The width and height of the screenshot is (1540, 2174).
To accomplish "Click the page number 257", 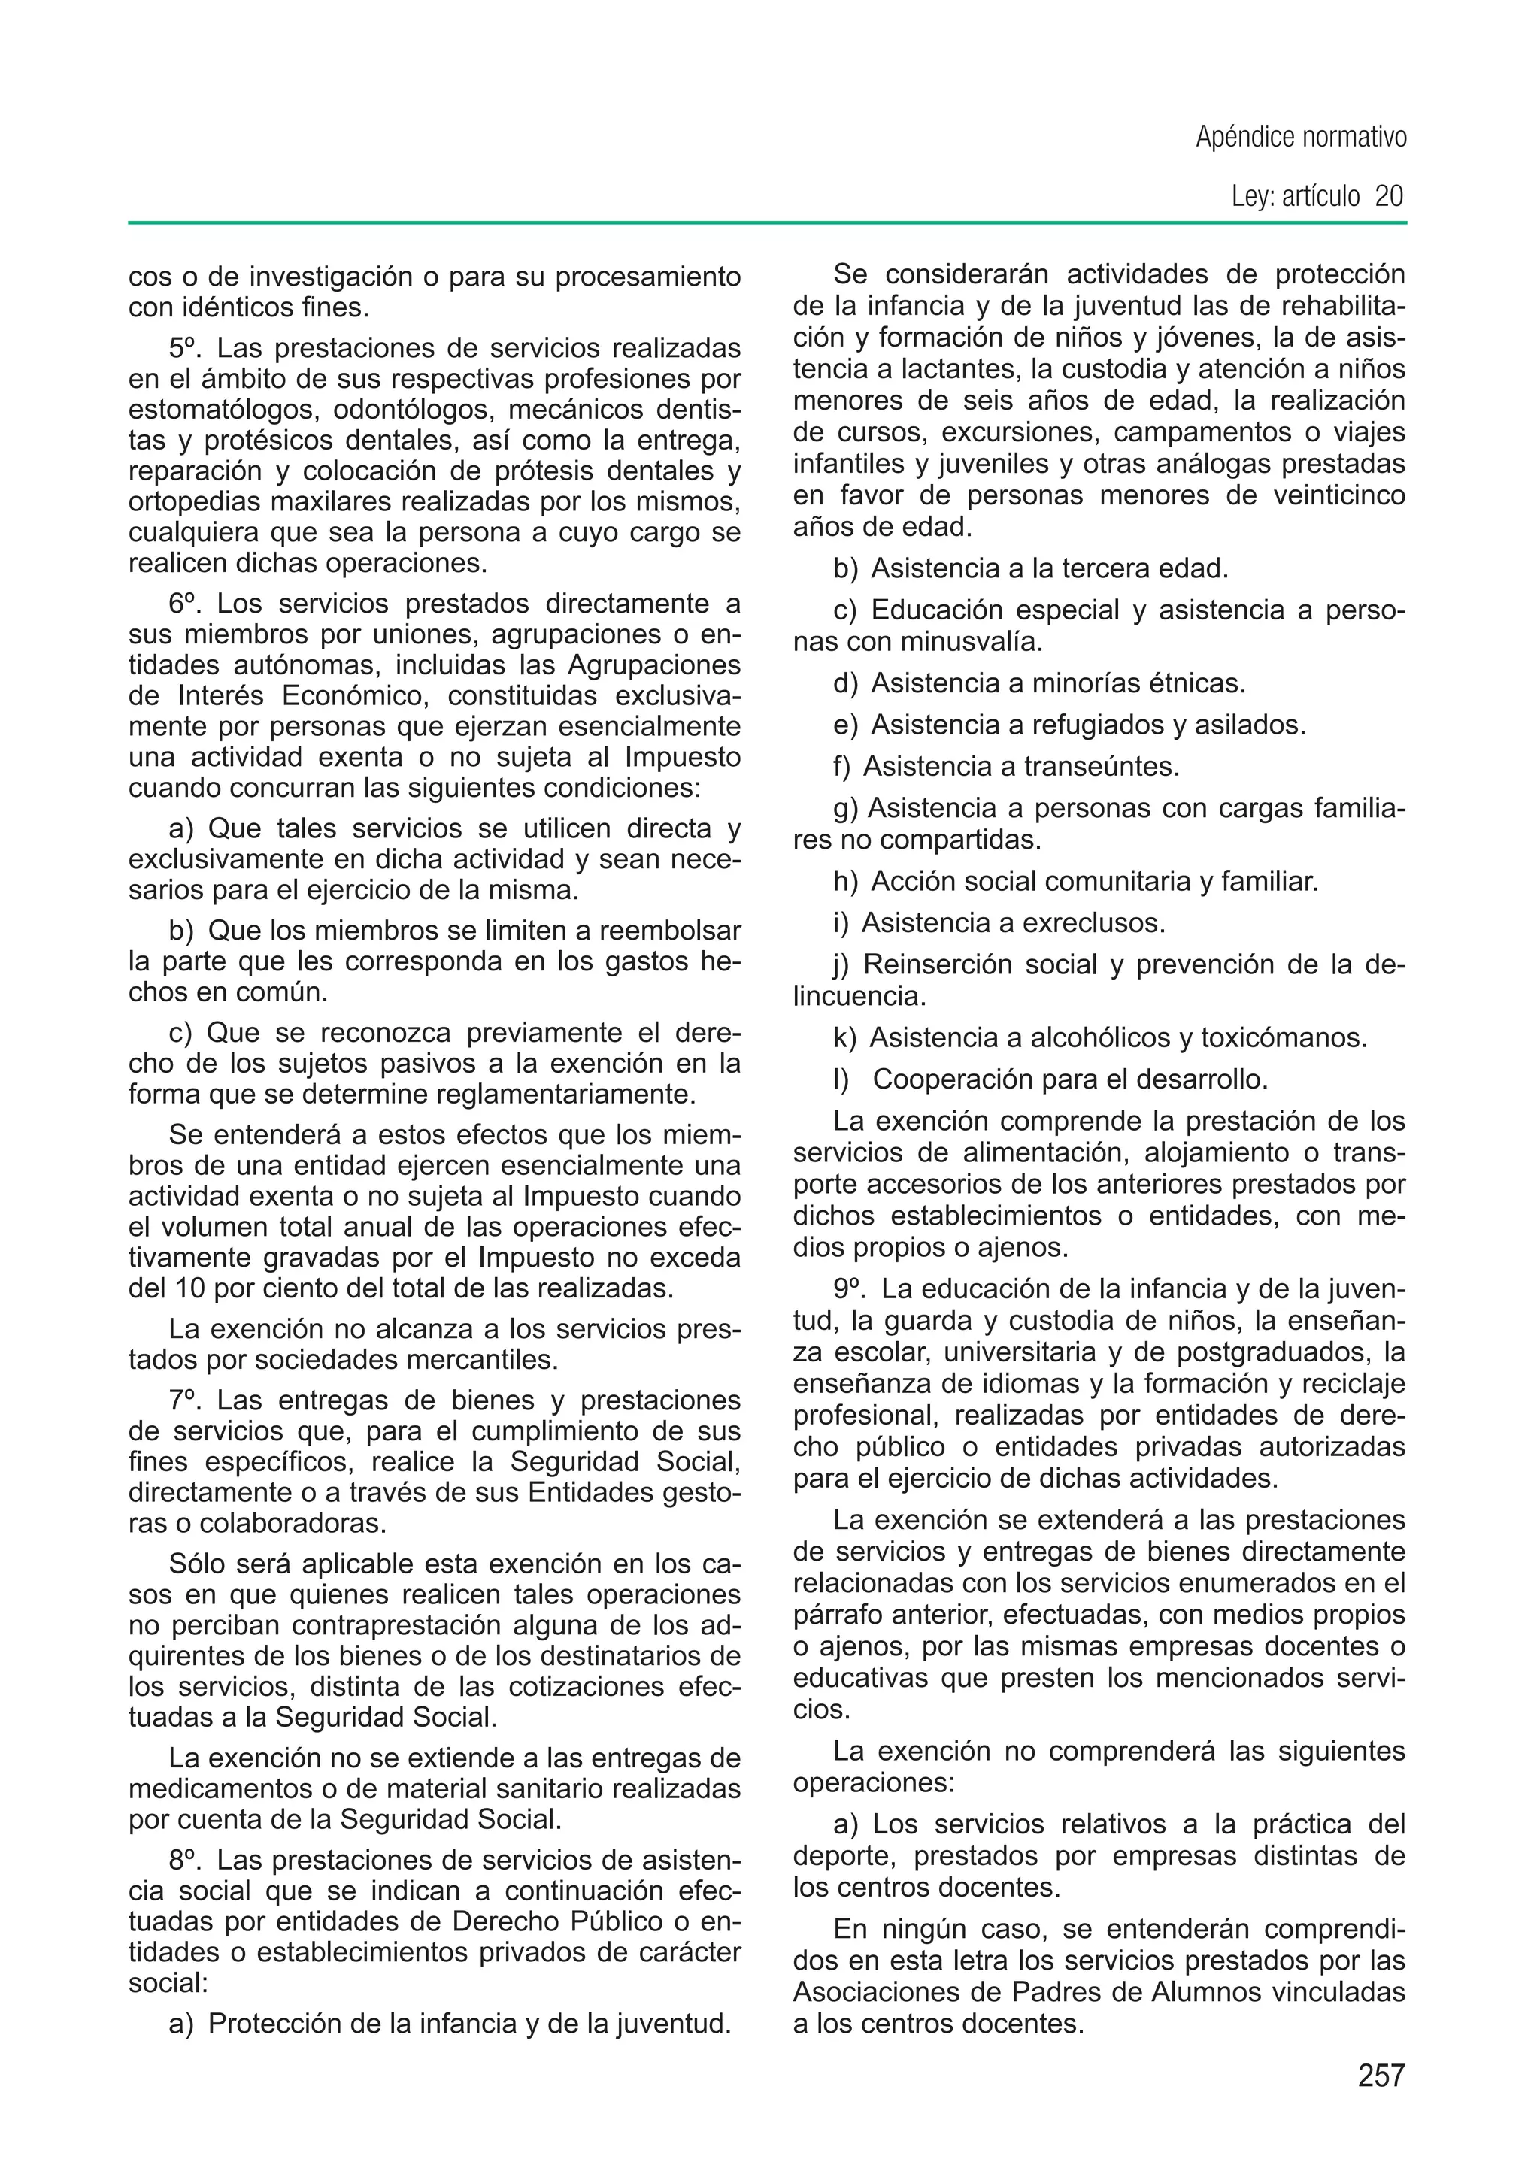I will tap(1381, 2076).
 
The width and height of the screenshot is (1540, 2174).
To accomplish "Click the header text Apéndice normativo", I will tap(1301, 138).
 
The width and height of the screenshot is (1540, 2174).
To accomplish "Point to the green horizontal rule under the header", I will tap(767, 223).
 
